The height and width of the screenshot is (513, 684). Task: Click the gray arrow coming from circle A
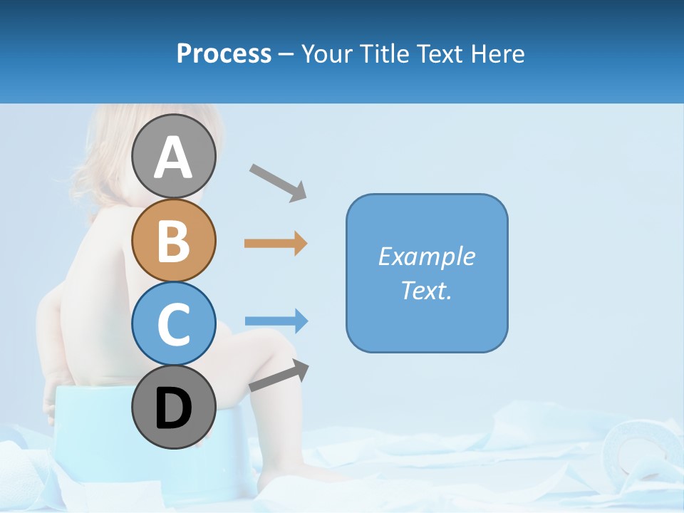coord(278,181)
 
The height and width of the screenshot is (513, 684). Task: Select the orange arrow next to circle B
coord(276,244)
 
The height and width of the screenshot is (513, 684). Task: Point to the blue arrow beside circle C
coord(276,321)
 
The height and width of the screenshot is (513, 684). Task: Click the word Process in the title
coord(224,53)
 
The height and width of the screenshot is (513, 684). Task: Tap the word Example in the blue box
coord(426,256)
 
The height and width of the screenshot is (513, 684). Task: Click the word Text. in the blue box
coord(426,290)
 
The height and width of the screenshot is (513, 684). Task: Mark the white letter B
coord(173,241)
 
